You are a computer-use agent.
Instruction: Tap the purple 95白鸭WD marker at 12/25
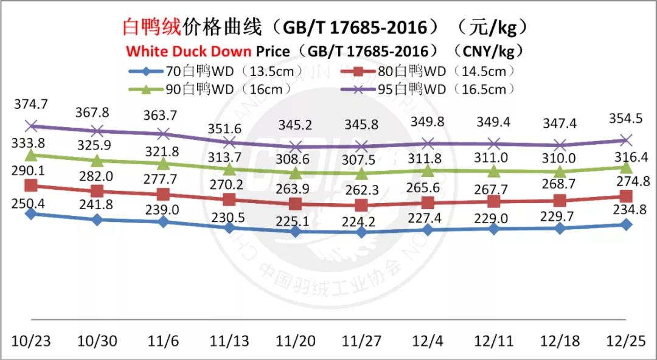point(626,140)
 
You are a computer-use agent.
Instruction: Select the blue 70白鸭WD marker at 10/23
point(30,214)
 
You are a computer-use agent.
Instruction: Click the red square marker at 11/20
point(296,204)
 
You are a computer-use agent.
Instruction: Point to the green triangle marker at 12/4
point(428,171)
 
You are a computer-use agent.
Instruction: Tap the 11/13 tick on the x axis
point(229,340)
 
